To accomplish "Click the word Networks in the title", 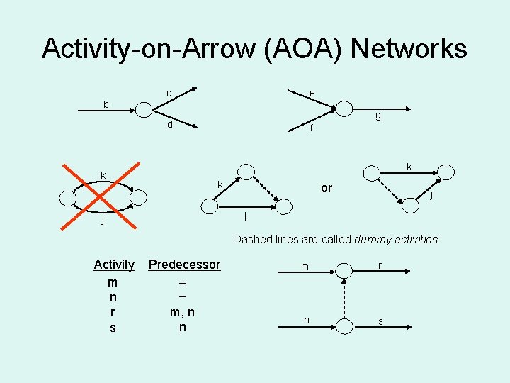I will (x=409, y=49).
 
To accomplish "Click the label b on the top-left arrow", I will (x=106, y=105).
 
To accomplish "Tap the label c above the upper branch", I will (x=169, y=93).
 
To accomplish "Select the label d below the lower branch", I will (x=169, y=126).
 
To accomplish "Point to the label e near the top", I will (x=312, y=93).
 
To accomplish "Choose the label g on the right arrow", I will (x=378, y=116).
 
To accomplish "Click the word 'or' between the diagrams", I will (x=327, y=188).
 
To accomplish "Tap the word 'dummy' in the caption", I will (x=373, y=239).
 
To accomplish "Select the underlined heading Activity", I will (x=113, y=265).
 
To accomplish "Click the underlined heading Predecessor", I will (x=184, y=265).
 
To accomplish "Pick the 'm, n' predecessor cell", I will (x=183, y=312).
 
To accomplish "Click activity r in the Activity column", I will (x=113, y=312).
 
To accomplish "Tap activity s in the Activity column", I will (x=113, y=328).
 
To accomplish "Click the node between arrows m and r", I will (x=343, y=270).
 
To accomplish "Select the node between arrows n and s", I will (x=343, y=325).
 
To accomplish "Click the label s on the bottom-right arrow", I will (x=380, y=322).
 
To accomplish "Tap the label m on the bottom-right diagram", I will (x=305, y=266).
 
